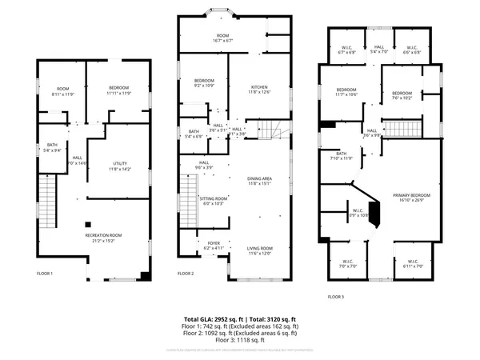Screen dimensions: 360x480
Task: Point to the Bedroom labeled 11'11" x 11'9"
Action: tap(117, 90)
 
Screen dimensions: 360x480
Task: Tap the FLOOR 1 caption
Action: tap(45, 274)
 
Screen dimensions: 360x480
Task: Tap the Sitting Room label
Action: tap(214, 201)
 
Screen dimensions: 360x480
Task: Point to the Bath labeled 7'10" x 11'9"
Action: tap(342, 155)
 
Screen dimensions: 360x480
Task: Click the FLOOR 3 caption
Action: tap(336, 296)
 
